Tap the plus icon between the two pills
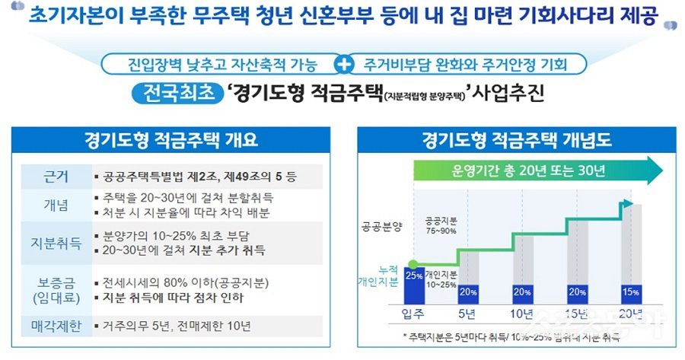pyautogui.click(x=346, y=64)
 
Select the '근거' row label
pyautogui.click(x=56, y=177)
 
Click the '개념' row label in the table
pyautogui.click(x=56, y=205)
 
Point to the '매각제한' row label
pyautogui.click(x=56, y=327)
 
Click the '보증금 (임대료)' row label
pyautogui.click(x=56, y=287)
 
